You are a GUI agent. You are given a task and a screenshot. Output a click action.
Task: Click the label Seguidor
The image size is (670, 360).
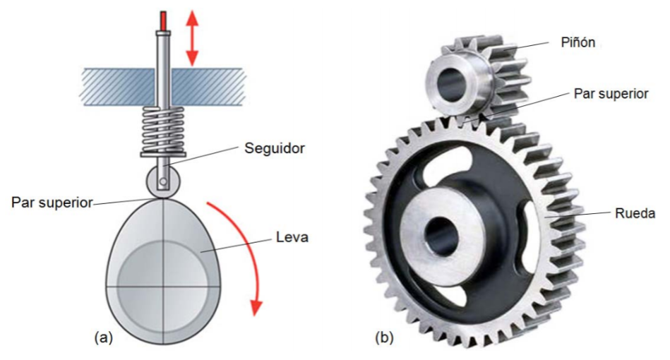275,148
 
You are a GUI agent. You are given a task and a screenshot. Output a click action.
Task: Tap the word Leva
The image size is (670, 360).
292,236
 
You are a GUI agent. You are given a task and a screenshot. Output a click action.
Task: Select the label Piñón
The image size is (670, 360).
578,42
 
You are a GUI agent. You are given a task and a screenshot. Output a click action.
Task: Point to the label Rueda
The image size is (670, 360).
635,213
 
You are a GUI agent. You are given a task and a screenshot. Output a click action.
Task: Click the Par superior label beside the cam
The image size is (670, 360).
52,203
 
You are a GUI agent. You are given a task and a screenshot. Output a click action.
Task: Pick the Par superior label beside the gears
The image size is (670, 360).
611,93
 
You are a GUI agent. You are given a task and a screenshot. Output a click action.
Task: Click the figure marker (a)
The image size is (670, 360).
103,337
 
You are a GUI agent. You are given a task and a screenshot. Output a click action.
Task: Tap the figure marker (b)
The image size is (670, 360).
384,337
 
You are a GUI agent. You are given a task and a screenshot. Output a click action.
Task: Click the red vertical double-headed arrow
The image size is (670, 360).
192,38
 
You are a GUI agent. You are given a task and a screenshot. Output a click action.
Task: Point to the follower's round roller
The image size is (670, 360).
163,181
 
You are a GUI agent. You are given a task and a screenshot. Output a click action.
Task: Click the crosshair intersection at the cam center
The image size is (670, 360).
163,286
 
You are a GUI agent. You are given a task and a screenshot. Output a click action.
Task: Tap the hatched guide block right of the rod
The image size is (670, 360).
208,87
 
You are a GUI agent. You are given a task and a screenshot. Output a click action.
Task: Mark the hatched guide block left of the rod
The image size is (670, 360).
118,87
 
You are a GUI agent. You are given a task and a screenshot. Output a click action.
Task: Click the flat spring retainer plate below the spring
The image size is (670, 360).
163,155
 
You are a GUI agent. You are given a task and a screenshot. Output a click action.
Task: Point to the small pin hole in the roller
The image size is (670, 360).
163,182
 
